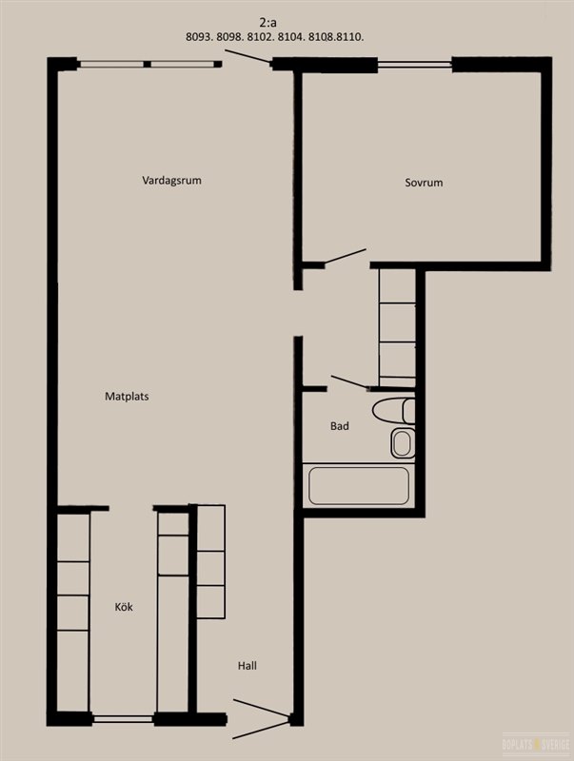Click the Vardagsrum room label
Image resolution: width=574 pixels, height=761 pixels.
171,181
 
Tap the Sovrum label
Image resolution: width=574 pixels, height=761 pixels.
424,183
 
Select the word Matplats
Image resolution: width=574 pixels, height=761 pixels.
127,397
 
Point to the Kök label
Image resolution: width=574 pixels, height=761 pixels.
124,607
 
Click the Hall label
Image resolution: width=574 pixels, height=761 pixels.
247,666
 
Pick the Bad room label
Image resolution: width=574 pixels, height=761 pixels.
340,426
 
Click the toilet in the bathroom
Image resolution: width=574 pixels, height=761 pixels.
394,411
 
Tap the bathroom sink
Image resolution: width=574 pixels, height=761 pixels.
402,443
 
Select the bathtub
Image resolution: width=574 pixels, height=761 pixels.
358,486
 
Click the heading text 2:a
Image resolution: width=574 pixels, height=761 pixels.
268,22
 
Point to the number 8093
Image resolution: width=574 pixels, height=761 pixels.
199,37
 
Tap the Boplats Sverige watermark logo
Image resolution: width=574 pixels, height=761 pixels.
536,744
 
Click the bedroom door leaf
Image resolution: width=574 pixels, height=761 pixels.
345,256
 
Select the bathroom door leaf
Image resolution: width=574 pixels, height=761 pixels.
349,382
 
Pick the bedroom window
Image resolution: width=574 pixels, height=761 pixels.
415,64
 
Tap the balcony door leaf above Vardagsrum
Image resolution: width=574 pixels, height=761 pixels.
247,56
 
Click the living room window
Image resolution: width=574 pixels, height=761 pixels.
147,64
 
